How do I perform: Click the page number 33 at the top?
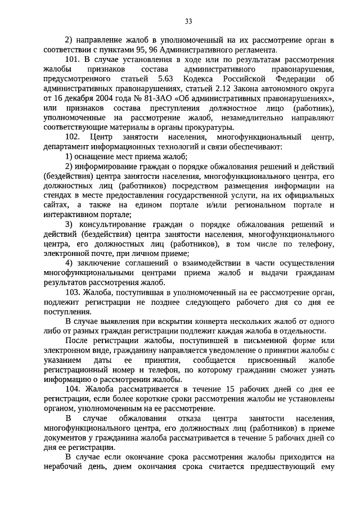188,21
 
